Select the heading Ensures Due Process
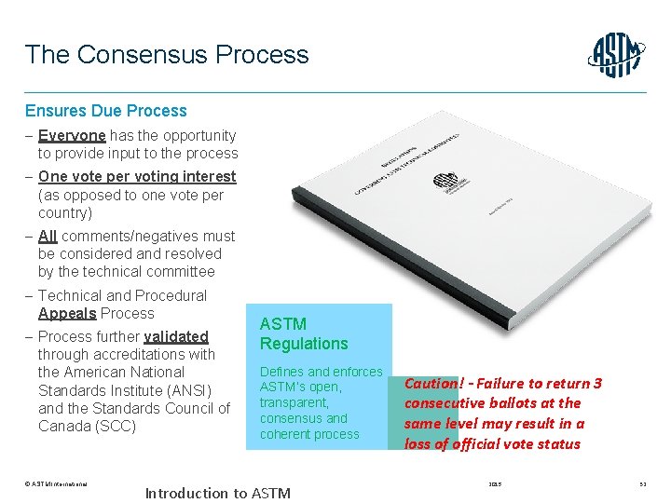105,111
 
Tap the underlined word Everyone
72,136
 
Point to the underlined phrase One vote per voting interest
137,177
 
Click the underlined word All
48,237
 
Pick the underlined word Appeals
67,314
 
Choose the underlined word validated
176,337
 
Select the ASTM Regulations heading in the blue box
303,333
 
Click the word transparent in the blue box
294,403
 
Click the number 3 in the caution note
597,384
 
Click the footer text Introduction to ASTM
217,493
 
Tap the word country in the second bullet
65,213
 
